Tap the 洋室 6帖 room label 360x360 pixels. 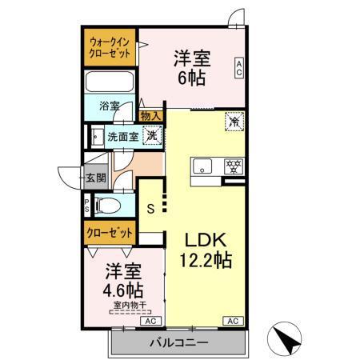coord(192,67)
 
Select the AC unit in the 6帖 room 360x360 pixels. coord(238,67)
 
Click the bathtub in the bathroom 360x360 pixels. coord(111,82)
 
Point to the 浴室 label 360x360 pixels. coord(110,105)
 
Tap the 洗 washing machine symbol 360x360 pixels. coord(149,135)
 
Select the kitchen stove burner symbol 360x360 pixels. coord(233,166)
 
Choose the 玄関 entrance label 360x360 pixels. coord(96,178)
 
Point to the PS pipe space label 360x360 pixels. coord(87,205)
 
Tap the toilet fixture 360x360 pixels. coord(107,206)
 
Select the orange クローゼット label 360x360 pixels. coord(110,232)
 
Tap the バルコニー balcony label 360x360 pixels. coord(179,342)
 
